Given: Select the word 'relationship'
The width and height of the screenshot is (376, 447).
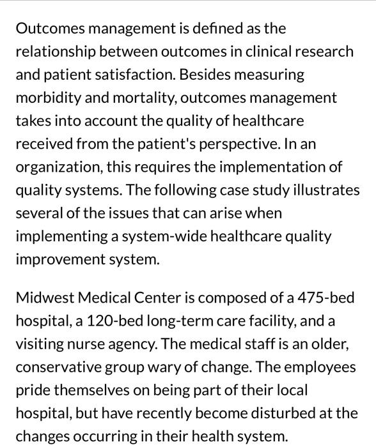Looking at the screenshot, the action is (x=56, y=52).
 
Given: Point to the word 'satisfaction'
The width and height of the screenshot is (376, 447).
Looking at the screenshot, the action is (x=135, y=75).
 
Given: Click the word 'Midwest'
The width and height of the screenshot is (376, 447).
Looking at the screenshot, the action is (x=42, y=298).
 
